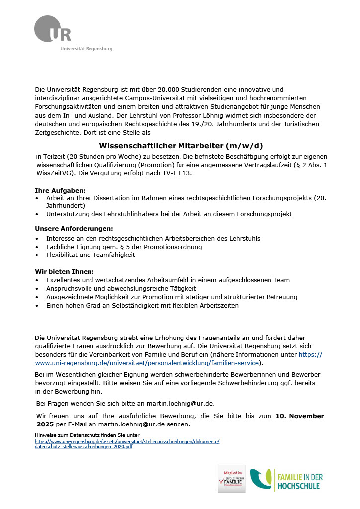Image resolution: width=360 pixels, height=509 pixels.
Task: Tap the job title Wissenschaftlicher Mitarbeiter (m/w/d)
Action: tap(180, 146)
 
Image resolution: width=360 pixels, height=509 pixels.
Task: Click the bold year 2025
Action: tap(45, 424)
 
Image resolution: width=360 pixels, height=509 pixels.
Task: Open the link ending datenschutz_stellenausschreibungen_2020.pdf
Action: tap(84, 447)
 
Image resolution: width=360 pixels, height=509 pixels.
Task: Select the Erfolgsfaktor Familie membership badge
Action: tap(232, 479)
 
